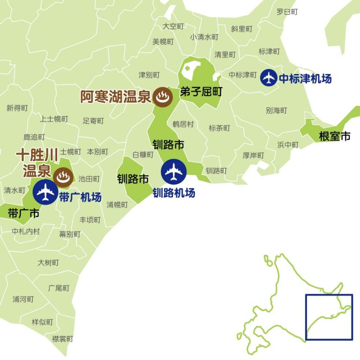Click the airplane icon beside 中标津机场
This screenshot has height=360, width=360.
click(x=269, y=77)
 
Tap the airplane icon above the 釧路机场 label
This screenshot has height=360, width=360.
click(x=174, y=172)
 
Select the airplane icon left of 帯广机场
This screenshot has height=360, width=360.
click(x=45, y=192)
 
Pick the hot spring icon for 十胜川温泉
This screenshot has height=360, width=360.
click(x=61, y=177)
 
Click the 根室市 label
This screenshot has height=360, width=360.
click(x=334, y=136)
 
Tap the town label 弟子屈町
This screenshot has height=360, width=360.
click(x=201, y=92)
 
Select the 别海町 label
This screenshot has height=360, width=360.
click(x=276, y=111)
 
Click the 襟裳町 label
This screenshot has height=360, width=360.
click(x=62, y=338)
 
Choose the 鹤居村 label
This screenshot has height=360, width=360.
click(x=183, y=124)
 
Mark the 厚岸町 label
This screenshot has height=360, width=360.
click(x=253, y=155)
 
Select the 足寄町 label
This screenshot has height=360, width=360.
click(x=93, y=120)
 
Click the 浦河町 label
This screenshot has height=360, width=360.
click(x=23, y=299)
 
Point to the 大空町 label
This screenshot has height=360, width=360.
click(x=173, y=26)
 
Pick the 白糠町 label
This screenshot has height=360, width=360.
click(x=143, y=154)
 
